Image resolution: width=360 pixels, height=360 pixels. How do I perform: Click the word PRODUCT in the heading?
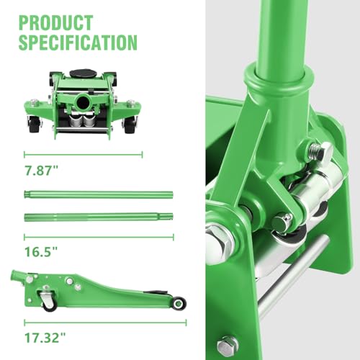tap(55, 23)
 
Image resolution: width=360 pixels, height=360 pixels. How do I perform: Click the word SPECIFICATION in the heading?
tap(78, 42)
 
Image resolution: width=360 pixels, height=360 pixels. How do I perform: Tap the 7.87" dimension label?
tap(41, 171)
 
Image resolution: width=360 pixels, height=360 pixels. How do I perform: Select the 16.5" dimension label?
tap(41, 251)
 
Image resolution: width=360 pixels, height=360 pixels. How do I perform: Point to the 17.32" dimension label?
tap(45, 338)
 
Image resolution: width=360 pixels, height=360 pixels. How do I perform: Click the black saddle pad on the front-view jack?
tap(83, 73)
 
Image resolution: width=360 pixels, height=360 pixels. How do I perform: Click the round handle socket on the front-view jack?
tap(83, 102)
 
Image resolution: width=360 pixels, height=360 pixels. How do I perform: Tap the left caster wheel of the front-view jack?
tap(34, 125)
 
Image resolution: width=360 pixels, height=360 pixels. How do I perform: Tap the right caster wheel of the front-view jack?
tap(130, 125)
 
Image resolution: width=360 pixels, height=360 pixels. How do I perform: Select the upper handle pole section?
tap(99, 194)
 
